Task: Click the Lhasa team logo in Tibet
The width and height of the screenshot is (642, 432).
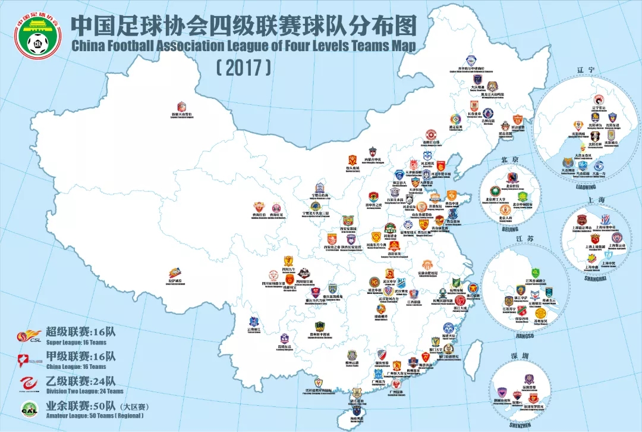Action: (174, 273)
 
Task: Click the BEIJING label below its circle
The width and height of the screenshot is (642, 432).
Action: (509, 228)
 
